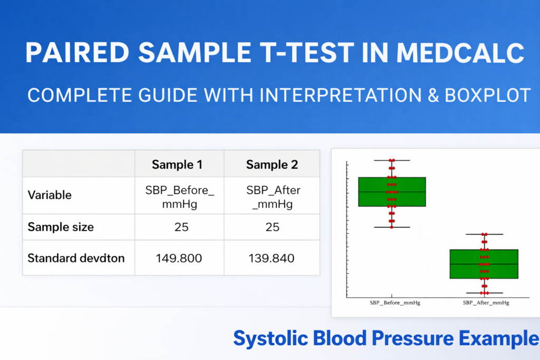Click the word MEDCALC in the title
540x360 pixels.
pos(460,53)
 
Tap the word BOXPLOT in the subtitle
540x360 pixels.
pos(487,95)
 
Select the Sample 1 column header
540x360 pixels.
pos(177,164)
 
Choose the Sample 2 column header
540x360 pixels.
pos(272,164)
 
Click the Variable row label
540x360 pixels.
pos(50,195)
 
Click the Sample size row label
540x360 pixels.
pos(61,227)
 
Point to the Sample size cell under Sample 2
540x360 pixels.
pos(273,227)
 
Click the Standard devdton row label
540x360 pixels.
pos(76,258)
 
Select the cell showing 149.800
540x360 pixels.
pos(179,258)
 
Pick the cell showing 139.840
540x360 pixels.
pos(272,258)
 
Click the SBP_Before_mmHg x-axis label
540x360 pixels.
pos(395,303)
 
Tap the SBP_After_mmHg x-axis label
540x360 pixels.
pos(486,303)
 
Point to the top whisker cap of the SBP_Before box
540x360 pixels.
pos(392,160)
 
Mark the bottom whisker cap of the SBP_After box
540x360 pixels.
pos(485,293)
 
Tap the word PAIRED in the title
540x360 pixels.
pos(77,53)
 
